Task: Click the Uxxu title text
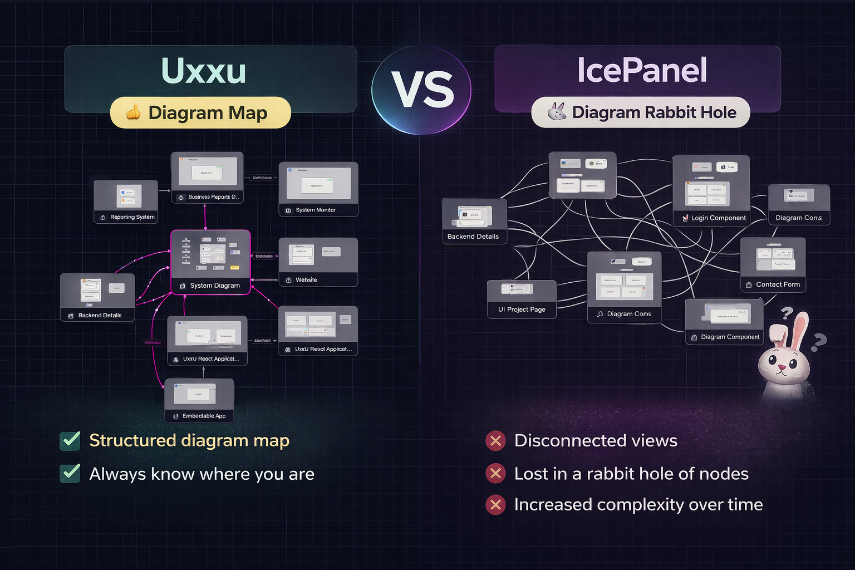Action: point(203,71)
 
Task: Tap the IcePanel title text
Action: point(641,71)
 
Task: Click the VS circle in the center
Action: point(422,90)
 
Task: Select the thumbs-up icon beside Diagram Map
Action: point(133,113)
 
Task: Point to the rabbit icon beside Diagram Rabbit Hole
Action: point(556,112)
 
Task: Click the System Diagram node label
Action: point(214,286)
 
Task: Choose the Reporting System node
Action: point(126,202)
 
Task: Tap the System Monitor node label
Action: point(315,210)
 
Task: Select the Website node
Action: point(318,262)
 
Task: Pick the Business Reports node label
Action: point(213,197)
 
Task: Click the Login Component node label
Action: point(718,218)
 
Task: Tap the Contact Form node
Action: point(773,264)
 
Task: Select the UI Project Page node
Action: point(522,299)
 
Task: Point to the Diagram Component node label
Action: point(730,337)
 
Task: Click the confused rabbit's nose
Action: point(782,367)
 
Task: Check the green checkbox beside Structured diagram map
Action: point(70,440)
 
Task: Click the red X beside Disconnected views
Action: point(495,441)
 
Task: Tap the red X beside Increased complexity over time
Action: point(495,505)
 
